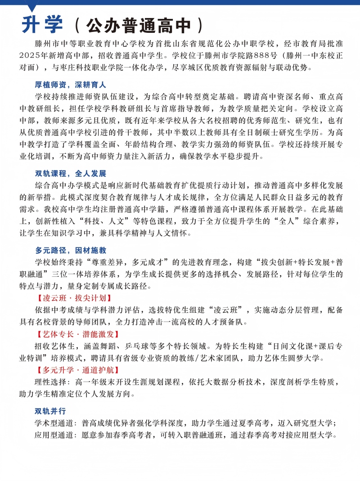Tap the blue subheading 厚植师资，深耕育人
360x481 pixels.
tap(71, 85)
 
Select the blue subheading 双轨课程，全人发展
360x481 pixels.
tap(71, 174)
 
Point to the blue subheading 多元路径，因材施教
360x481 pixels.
tap(71, 251)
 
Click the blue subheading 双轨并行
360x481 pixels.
tap(50, 411)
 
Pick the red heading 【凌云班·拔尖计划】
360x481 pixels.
tap(73, 298)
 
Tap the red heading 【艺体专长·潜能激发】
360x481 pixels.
tap(77, 334)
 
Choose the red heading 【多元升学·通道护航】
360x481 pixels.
tap(77, 370)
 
